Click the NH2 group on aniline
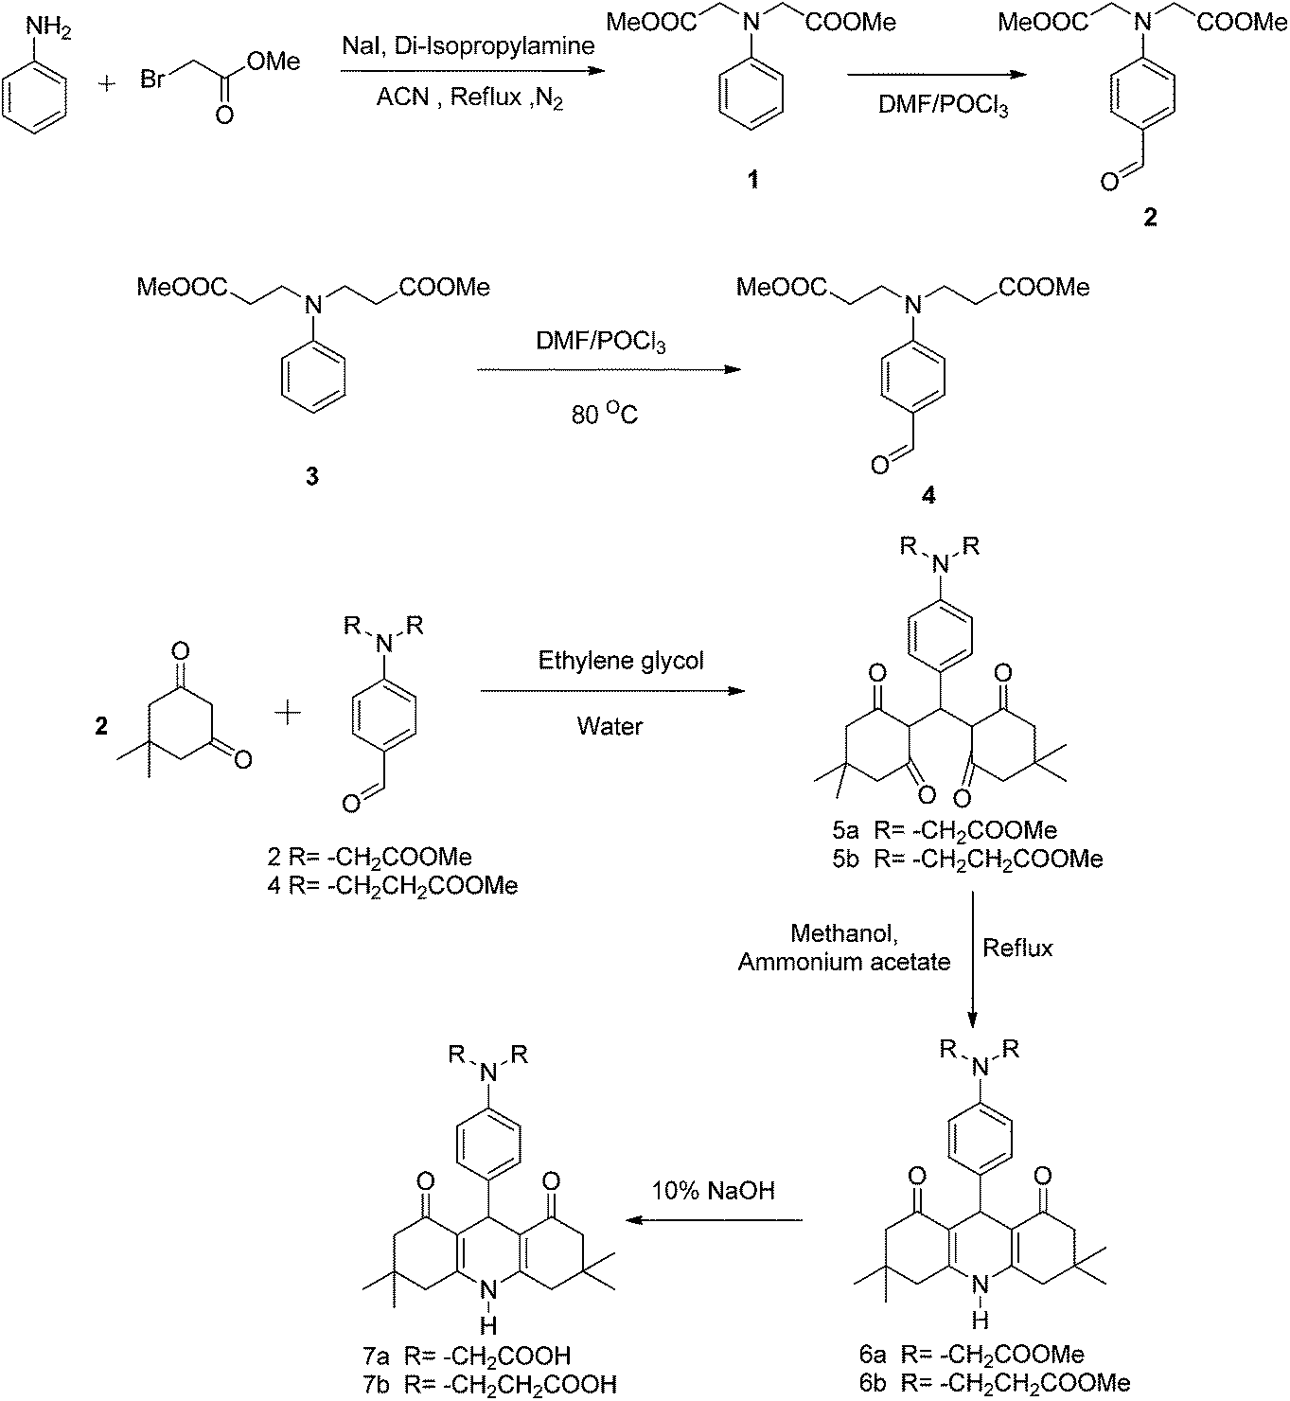[48, 30]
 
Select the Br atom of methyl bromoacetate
[153, 79]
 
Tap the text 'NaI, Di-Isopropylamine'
[468, 46]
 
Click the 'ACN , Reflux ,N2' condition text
[469, 97]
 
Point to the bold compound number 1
[752, 180]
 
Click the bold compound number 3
[312, 476]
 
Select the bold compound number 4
[928, 496]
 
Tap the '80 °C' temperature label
[604, 414]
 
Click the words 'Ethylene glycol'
[621, 661]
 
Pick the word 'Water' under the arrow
[610, 726]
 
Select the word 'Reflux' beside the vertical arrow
[1017, 948]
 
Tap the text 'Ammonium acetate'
[843, 963]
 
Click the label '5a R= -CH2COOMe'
[945, 830]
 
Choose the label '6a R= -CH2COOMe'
[971, 1355]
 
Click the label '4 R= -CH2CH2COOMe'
[393, 886]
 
